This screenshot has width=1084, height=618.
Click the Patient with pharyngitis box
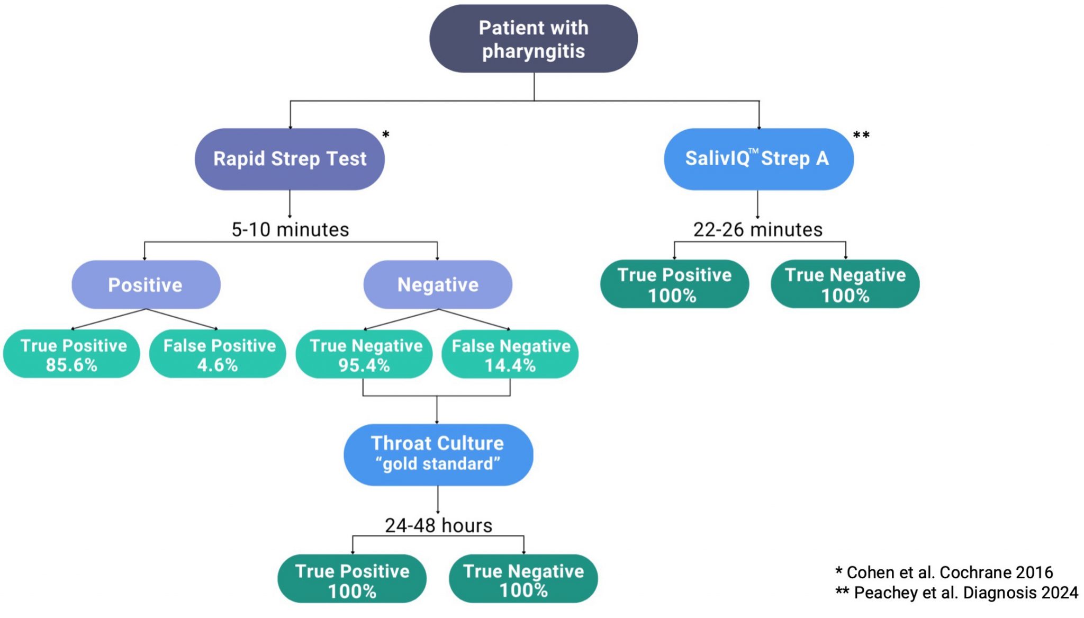(533, 39)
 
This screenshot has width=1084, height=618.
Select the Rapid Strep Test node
(290, 159)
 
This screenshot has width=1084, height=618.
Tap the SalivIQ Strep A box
(758, 159)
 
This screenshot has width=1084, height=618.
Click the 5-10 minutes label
(290, 230)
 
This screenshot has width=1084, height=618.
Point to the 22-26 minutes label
(757, 230)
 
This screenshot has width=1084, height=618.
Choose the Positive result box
(146, 285)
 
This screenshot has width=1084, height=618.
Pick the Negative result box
(438, 285)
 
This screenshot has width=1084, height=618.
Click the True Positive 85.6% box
(72, 354)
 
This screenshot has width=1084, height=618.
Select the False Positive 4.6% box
(218, 354)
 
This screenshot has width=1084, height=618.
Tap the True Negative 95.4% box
(364, 354)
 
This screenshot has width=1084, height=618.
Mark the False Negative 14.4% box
(510, 354)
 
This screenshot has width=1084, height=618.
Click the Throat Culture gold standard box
(438, 454)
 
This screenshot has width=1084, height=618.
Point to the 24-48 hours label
(438, 525)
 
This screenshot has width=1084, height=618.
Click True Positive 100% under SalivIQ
(674, 284)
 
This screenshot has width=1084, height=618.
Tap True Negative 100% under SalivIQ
(845, 284)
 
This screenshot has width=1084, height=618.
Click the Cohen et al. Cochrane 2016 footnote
(944, 572)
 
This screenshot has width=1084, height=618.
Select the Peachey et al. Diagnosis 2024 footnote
(957, 593)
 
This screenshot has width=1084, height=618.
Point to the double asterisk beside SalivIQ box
(861, 136)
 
